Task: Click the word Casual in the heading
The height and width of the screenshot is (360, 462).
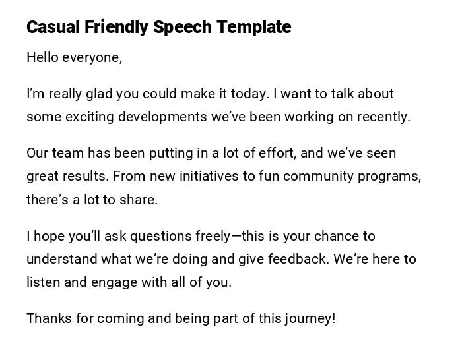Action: (53, 27)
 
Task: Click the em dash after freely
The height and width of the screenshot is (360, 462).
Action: (237, 236)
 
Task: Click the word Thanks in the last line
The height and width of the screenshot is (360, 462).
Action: (49, 318)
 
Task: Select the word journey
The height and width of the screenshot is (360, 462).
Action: (309, 318)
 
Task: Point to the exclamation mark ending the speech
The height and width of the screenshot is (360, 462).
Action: (334, 318)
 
